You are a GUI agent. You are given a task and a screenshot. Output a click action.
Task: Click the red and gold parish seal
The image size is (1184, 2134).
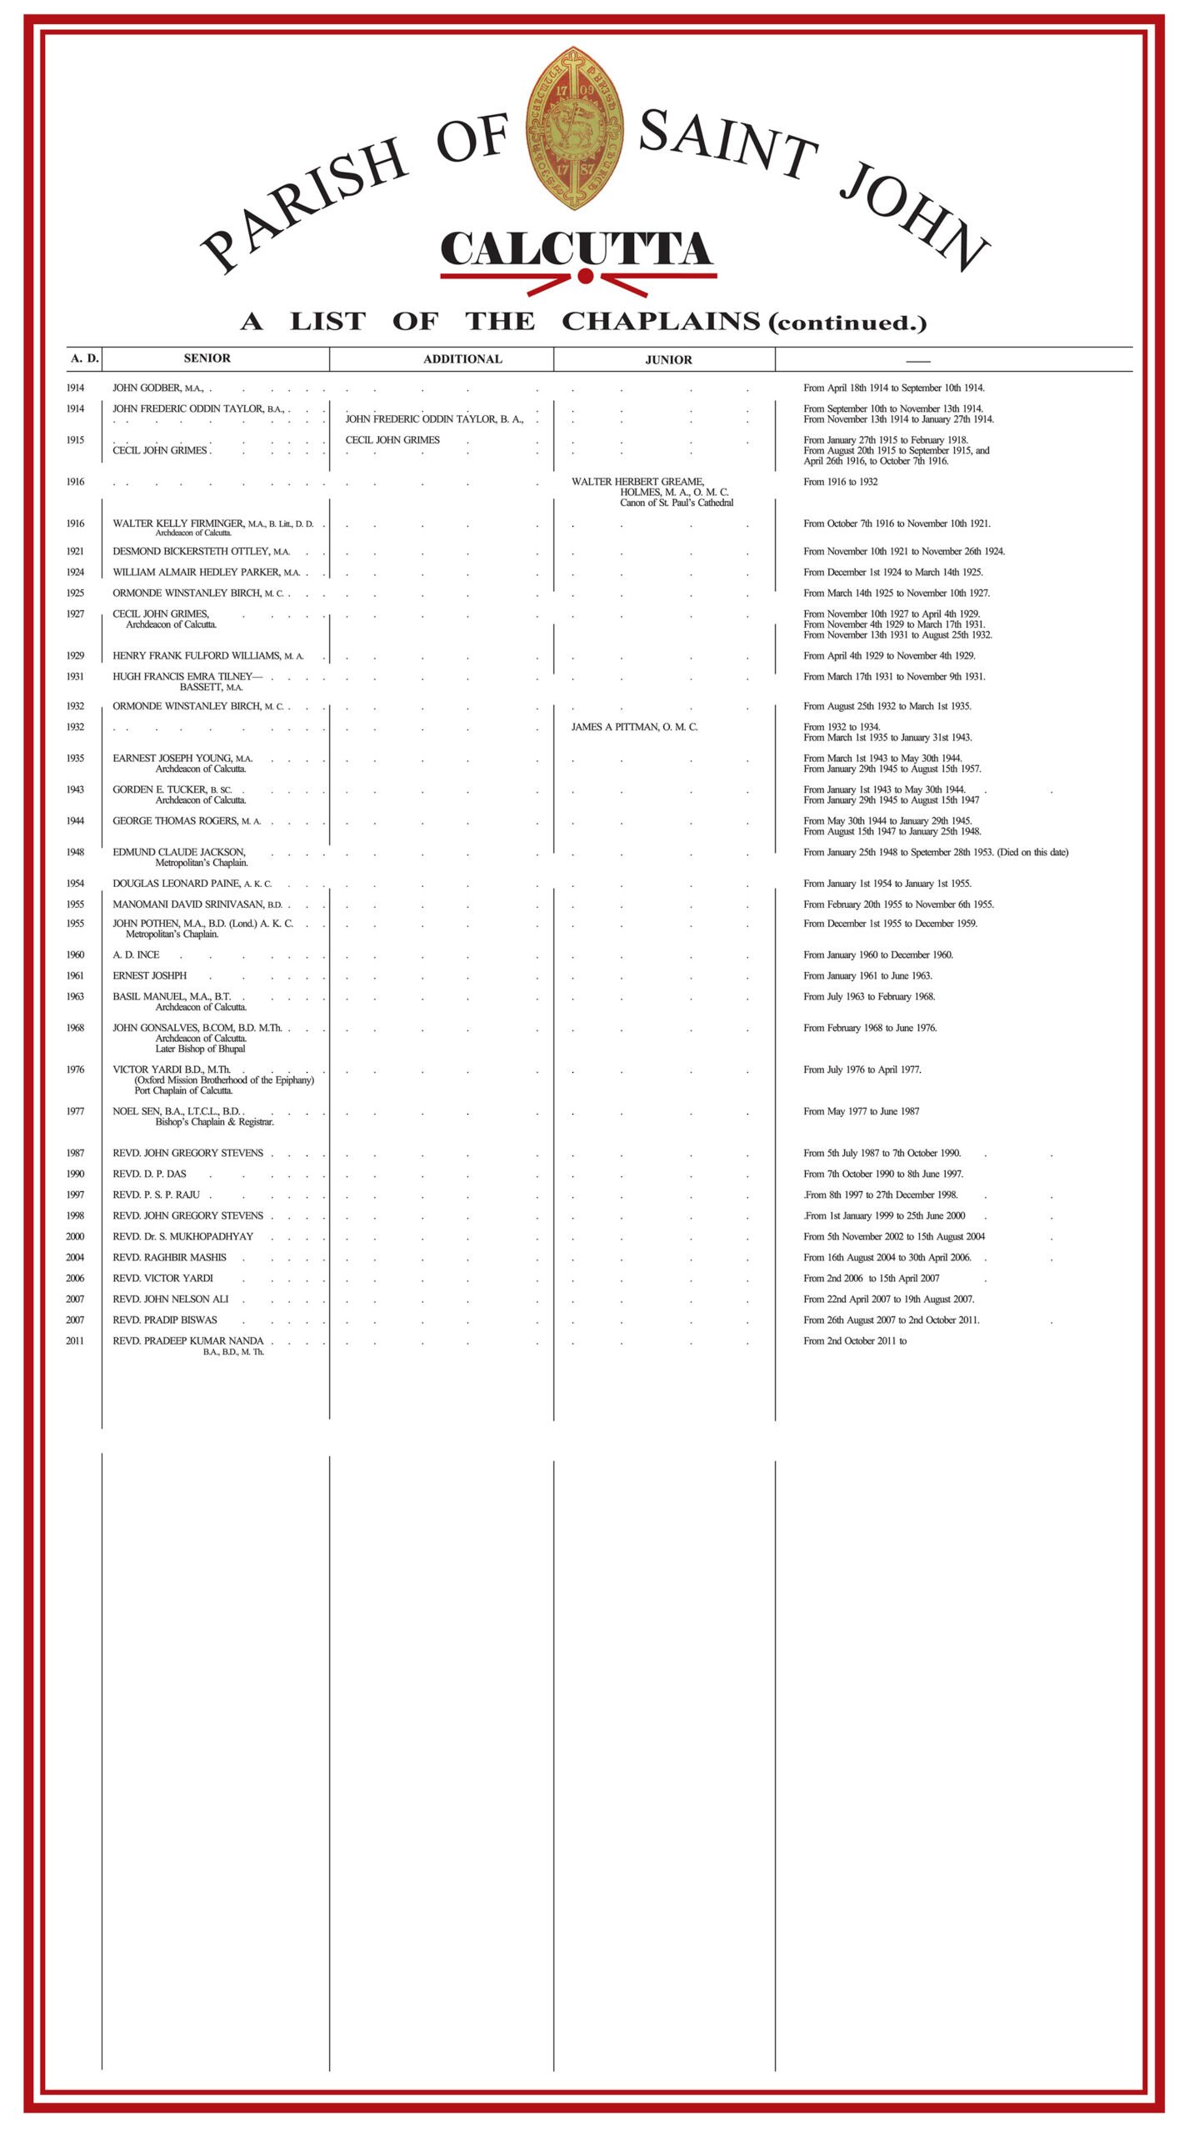[x=575, y=128]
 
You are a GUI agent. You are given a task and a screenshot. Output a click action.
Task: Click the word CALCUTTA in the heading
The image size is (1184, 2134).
[x=577, y=249]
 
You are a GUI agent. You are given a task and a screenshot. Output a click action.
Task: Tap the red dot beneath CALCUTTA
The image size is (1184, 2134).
[x=585, y=277]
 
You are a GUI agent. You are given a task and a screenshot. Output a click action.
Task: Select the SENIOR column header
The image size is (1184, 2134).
[x=207, y=358]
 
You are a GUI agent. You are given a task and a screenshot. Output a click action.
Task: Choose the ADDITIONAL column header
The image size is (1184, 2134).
[x=462, y=359]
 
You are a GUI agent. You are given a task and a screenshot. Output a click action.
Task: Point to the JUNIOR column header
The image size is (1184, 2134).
[x=668, y=360]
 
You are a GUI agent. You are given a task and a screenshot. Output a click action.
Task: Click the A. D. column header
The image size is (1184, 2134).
[x=84, y=358]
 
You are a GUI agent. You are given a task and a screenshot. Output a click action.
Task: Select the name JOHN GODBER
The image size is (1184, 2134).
[x=147, y=388]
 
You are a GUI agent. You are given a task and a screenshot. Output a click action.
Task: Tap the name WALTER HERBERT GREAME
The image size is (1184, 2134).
[x=637, y=482]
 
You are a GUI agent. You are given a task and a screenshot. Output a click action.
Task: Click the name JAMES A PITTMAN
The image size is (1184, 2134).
[x=634, y=727]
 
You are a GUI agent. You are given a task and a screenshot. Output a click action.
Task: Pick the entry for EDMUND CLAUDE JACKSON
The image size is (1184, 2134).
[x=179, y=852]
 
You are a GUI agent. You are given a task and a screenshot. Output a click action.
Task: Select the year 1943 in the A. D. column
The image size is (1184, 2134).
[x=75, y=789]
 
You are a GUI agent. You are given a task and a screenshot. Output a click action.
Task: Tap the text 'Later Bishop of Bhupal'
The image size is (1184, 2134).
[x=200, y=1049]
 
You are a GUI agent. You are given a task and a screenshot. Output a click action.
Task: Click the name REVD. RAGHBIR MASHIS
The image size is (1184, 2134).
[x=170, y=1257]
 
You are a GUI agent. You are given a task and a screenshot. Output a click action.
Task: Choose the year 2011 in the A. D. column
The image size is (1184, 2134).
[x=75, y=1340]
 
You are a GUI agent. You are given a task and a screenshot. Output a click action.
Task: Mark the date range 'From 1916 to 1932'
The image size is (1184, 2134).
[x=840, y=482]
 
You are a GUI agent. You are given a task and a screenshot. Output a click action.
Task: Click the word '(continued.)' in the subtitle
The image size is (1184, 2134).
[x=847, y=323]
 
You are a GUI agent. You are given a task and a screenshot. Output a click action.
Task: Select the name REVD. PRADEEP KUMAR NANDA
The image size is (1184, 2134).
[x=188, y=1340]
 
